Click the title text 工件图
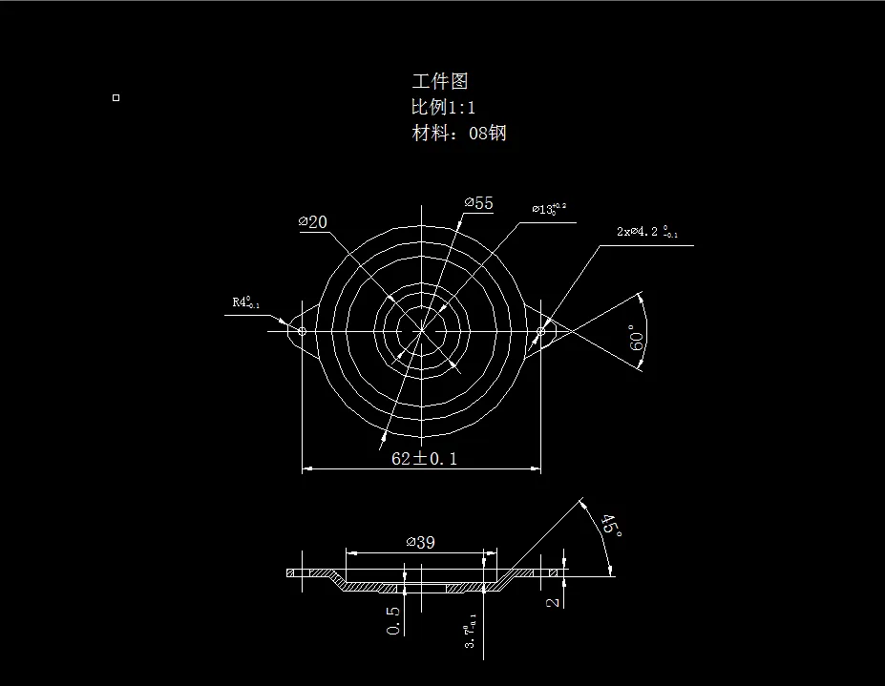440,82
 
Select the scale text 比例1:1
444,107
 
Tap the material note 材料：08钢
459,133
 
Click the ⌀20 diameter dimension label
313,222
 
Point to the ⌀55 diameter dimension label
479,203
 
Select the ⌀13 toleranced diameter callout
549,208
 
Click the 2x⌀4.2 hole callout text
647,232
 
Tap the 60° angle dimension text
639,337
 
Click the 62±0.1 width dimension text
425,458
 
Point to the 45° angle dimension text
610,526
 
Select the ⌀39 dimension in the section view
421,542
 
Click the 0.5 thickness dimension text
394,619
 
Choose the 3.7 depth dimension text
472,632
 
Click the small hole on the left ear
302,331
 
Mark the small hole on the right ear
540,331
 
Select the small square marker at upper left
116,97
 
